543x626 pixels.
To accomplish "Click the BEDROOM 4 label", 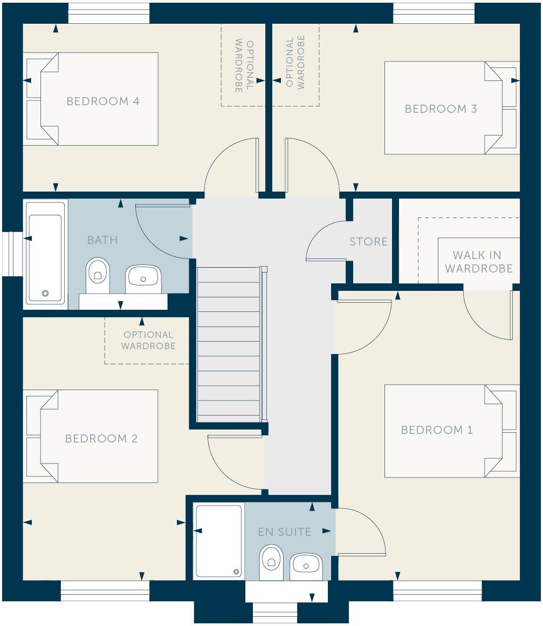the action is pos(103,101).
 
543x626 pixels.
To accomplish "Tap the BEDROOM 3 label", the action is pos(441,108).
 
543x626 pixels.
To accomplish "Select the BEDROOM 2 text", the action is pos(101,438).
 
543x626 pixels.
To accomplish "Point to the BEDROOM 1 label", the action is pos(437,430).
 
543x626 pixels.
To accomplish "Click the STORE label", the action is pos(369,242).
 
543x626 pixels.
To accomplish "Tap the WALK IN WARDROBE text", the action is pos(479,262).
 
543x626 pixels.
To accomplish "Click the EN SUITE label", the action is pos(285,532).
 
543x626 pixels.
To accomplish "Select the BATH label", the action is pos(102,240).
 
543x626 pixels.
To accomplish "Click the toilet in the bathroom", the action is pos(98,275).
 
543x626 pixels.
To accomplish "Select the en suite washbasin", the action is pos(306,566).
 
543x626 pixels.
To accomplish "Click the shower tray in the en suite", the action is pos(218,540).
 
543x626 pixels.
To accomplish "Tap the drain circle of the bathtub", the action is pos(45,294).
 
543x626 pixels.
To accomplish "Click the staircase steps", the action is pos(229,344).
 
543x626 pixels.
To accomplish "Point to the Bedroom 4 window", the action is pos(109,13).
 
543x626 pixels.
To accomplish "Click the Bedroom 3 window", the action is pos(434,13).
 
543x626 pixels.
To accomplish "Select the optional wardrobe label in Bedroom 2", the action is pos(148,340).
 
